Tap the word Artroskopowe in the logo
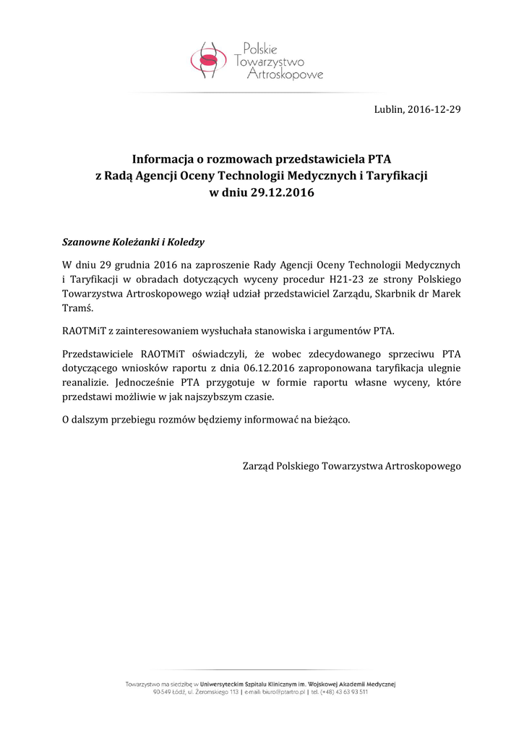click(285, 75)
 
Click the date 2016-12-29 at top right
click(434, 110)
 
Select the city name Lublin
click(388, 110)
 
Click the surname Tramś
click(79, 308)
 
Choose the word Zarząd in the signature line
click(259, 467)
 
